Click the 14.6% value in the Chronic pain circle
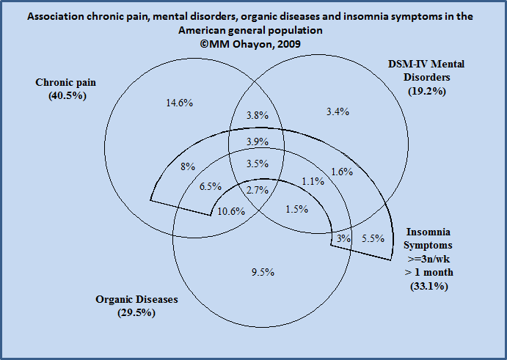tap(180, 103)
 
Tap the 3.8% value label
tap(258, 115)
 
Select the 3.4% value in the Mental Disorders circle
tap(338, 112)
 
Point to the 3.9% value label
tap(258, 142)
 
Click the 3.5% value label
tap(258, 164)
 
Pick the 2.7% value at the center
tap(258, 190)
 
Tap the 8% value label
tap(188, 166)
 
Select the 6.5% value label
tap(211, 186)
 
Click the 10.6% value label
tap(231, 212)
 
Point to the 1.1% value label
tap(313, 181)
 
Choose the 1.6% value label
tap(342, 172)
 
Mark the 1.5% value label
tap(297, 210)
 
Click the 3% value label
tap(343, 238)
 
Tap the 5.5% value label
tap(373, 238)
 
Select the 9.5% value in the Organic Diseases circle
tap(263, 273)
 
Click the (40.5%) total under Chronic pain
tap(68, 96)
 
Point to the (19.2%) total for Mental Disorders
tap(427, 91)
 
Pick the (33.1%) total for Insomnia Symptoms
tap(429, 287)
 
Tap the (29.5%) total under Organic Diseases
tap(136, 313)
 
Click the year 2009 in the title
tap(289, 44)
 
